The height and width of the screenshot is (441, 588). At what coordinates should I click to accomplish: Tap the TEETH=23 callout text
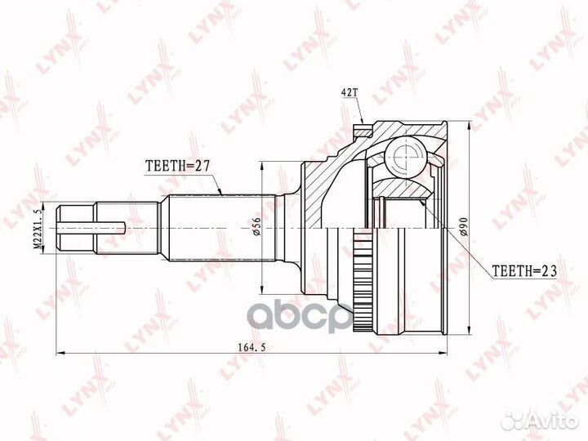(x=524, y=270)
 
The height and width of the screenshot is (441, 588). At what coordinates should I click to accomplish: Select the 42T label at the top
(x=348, y=92)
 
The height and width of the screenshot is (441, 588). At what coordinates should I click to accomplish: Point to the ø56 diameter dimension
(x=256, y=226)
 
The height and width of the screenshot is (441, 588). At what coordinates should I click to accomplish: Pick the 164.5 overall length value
(x=252, y=348)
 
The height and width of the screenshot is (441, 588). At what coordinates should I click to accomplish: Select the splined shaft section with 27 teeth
(x=221, y=228)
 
